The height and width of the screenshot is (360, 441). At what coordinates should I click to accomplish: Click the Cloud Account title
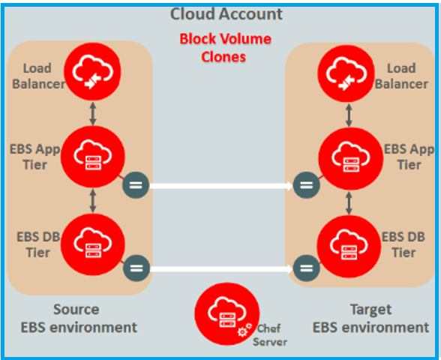(x=226, y=13)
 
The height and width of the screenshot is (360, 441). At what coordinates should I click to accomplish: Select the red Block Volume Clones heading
(x=225, y=47)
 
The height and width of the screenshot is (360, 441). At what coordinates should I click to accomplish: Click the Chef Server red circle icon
(x=226, y=315)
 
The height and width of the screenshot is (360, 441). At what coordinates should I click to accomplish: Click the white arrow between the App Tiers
(x=220, y=184)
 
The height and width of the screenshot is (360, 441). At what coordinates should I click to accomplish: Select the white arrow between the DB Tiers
(x=220, y=265)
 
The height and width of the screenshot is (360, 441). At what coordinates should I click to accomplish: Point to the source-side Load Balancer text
(x=43, y=76)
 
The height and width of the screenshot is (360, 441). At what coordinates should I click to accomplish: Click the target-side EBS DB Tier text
(x=404, y=244)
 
